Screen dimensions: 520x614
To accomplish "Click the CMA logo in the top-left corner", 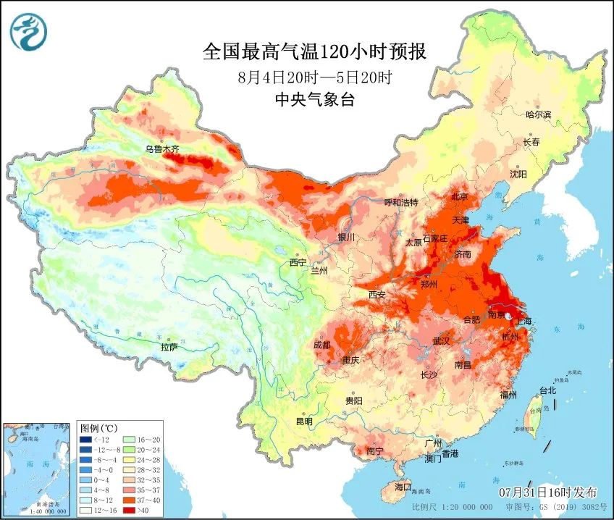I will click(x=28, y=31).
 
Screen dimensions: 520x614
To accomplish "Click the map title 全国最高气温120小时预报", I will click(x=314, y=51).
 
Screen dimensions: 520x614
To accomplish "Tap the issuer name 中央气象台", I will click(x=314, y=101).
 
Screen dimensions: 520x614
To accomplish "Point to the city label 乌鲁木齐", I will click(x=161, y=149).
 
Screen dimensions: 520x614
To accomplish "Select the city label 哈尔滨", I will click(x=538, y=114).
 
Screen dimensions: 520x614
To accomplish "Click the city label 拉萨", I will click(x=169, y=346).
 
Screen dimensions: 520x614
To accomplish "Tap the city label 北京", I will click(x=460, y=196).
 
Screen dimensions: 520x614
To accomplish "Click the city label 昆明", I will click(x=304, y=421).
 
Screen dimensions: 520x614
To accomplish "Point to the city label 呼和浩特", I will click(x=400, y=202).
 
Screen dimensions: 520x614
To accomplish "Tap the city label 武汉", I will click(x=441, y=340).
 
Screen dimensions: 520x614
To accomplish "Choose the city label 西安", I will click(x=377, y=295).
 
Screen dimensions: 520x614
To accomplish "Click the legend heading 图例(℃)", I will click(x=98, y=427).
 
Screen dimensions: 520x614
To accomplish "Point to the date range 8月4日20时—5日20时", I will click(x=314, y=76).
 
